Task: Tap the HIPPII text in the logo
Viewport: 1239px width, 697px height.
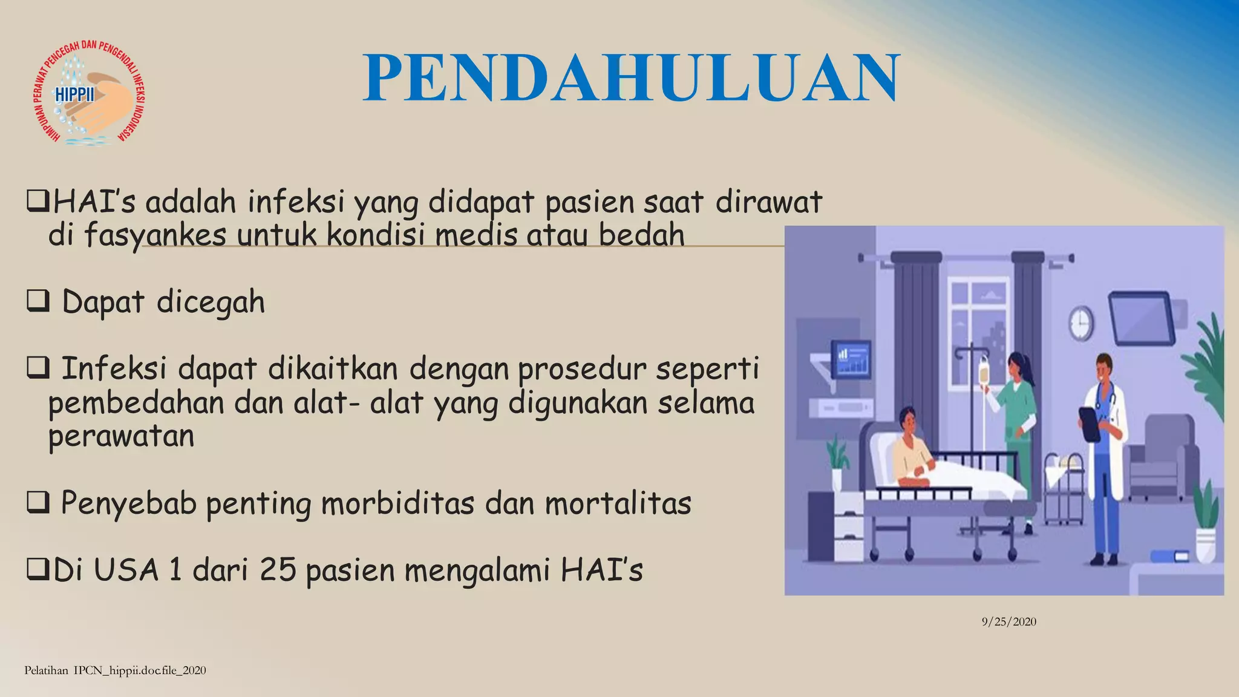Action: click(75, 96)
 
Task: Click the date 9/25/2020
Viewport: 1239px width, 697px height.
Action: click(1009, 621)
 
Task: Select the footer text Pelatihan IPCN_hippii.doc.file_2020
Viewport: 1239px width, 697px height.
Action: click(115, 670)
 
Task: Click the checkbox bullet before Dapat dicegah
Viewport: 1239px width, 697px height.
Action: click(38, 301)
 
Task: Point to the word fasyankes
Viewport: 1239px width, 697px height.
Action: click(155, 235)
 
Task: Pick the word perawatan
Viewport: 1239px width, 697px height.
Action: click(121, 436)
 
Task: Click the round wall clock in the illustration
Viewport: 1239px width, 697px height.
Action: click(1080, 323)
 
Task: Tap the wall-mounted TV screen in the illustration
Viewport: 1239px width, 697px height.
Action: click(1141, 317)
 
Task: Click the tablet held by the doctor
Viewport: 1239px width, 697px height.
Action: click(1089, 424)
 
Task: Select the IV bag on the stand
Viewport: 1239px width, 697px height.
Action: click(984, 370)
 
